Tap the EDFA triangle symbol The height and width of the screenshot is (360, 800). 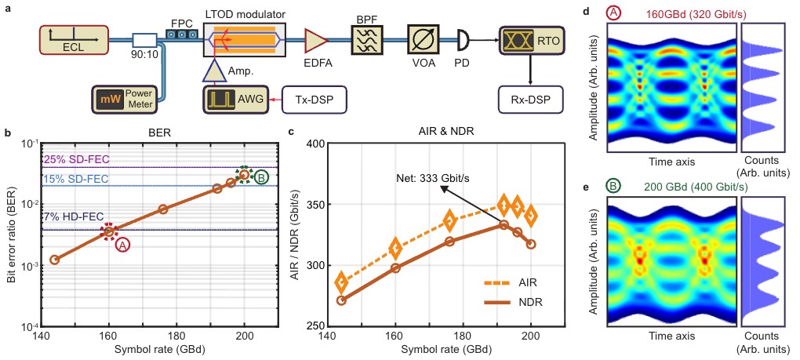coord(316,37)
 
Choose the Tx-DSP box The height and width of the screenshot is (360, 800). coord(314,100)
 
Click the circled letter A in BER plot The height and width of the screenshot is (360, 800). coord(123,245)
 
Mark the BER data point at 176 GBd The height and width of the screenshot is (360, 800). coord(163,209)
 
